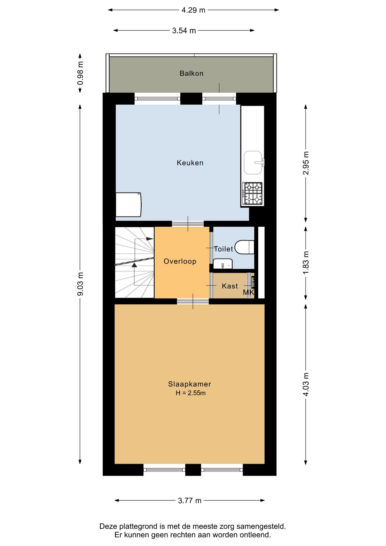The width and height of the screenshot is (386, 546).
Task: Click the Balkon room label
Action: [x=192, y=73]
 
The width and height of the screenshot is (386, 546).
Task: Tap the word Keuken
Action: [x=190, y=163]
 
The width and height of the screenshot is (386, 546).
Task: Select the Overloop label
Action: [x=180, y=261]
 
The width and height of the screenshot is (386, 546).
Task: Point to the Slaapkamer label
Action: [x=190, y=384]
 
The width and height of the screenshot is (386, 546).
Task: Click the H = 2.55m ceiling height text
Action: [x=190, y=393]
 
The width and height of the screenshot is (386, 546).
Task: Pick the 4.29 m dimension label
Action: [x=193, y=10]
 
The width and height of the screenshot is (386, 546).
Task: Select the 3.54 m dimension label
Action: [x=184, y=30]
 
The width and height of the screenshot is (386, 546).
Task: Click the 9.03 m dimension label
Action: [x=80, y=284]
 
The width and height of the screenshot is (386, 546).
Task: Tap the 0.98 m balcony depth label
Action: [x=80, y=73]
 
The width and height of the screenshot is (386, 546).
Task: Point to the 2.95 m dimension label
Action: [x=306, y=163]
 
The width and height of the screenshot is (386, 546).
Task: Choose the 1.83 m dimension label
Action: [x=306, y=263]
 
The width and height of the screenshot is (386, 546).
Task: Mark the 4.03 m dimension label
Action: [x=306, y=384]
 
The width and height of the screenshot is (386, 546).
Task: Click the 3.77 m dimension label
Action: [x=190, y=500]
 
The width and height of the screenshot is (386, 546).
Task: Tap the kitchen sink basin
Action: [x=253, y=163]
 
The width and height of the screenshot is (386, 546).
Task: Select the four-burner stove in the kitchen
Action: [x=252, y=193]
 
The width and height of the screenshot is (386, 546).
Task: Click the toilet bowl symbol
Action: [x=244, y=247]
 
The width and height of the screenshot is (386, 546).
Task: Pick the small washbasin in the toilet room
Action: [x=223, y=264]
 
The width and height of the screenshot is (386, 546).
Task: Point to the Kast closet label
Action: [x=230, y=286]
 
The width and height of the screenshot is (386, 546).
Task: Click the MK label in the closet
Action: [x=248, y=292]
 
